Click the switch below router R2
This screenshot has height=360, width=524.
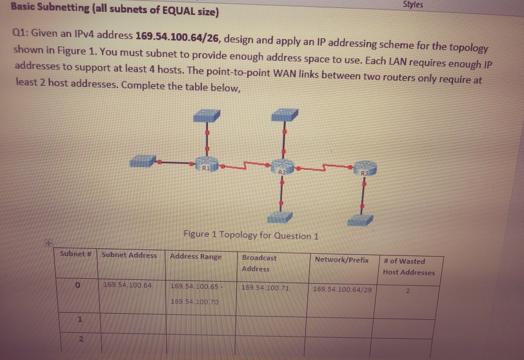click(280, 217)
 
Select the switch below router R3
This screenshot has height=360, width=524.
click(360, 219)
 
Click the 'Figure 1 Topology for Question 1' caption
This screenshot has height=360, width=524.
click(251, 235)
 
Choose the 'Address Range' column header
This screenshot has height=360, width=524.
click(196, 257)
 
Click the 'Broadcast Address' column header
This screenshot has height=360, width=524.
click(259, 263)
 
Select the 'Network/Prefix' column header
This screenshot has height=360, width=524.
click(342, 260)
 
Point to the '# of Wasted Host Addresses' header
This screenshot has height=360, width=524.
click(409, 267)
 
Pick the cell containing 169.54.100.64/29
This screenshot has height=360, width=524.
click(343, 289)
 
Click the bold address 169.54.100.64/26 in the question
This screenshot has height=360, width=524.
click(177, 36)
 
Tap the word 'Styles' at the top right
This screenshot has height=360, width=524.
click(412, 5)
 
